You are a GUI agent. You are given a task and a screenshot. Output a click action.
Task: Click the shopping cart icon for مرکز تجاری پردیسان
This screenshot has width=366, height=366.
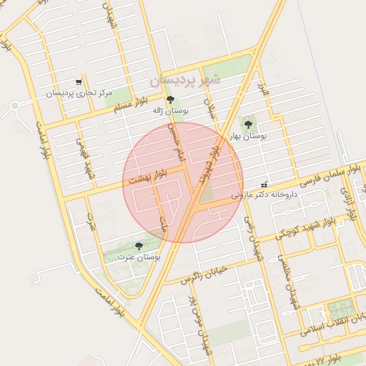pos(79,82)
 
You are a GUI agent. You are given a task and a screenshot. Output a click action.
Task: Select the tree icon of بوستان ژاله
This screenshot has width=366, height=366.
pos(169,99)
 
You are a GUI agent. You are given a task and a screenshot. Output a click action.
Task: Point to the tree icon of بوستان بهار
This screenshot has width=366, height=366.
pos(248,124)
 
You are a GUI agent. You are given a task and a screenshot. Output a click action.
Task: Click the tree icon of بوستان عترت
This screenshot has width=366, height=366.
pos(139,245)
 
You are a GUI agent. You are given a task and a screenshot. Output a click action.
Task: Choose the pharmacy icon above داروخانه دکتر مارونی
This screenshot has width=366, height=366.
pos(264,184)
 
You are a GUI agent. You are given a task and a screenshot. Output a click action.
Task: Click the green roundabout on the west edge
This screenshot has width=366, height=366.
pos(14,106)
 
